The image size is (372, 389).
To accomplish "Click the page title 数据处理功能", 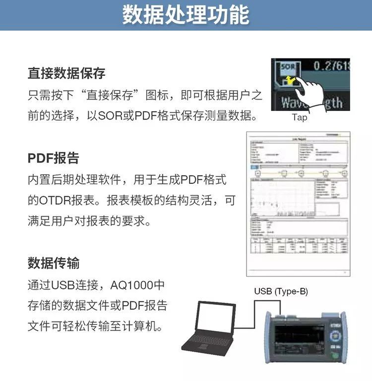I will [x=186, y=15].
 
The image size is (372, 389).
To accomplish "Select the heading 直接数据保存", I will [x=66, y=74].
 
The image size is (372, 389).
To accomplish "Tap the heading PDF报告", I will [x=53, y=159].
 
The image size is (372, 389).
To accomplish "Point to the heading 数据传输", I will [x=54, y=263].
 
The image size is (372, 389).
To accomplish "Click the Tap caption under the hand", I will [x=299, y=117].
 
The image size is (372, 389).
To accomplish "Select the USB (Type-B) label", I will [x=281, y=291].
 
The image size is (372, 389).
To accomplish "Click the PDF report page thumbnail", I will [x=298, y=203].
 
